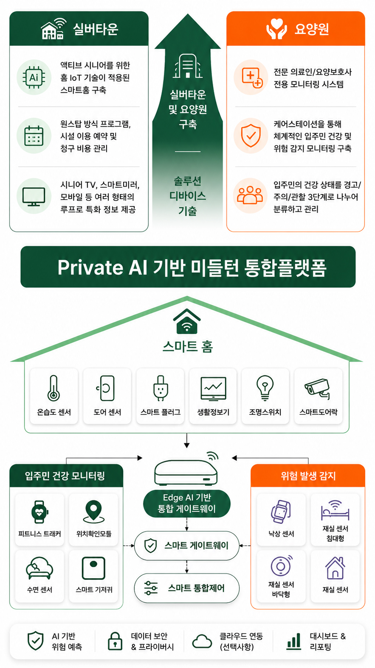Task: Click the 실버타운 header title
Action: click(96, 29)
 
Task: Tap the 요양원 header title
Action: click(312, 29)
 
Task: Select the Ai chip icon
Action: click(34, 78)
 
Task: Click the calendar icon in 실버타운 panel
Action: click(34, 136)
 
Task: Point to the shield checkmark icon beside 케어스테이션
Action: click(251, 136)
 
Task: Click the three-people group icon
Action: click(251, 195)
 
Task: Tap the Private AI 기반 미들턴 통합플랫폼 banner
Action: click(188, 267)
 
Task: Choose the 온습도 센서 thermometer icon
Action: click(54, 388)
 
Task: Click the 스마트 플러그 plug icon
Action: click(161, 388)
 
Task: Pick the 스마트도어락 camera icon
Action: click(317, 389)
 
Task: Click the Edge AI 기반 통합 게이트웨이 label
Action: click(187, 503)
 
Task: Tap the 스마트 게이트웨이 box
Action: click(187, 546)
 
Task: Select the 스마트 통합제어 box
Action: click(187, 588)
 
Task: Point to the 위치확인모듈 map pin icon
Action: click(93, 512)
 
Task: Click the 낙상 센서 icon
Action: click(281, 512)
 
